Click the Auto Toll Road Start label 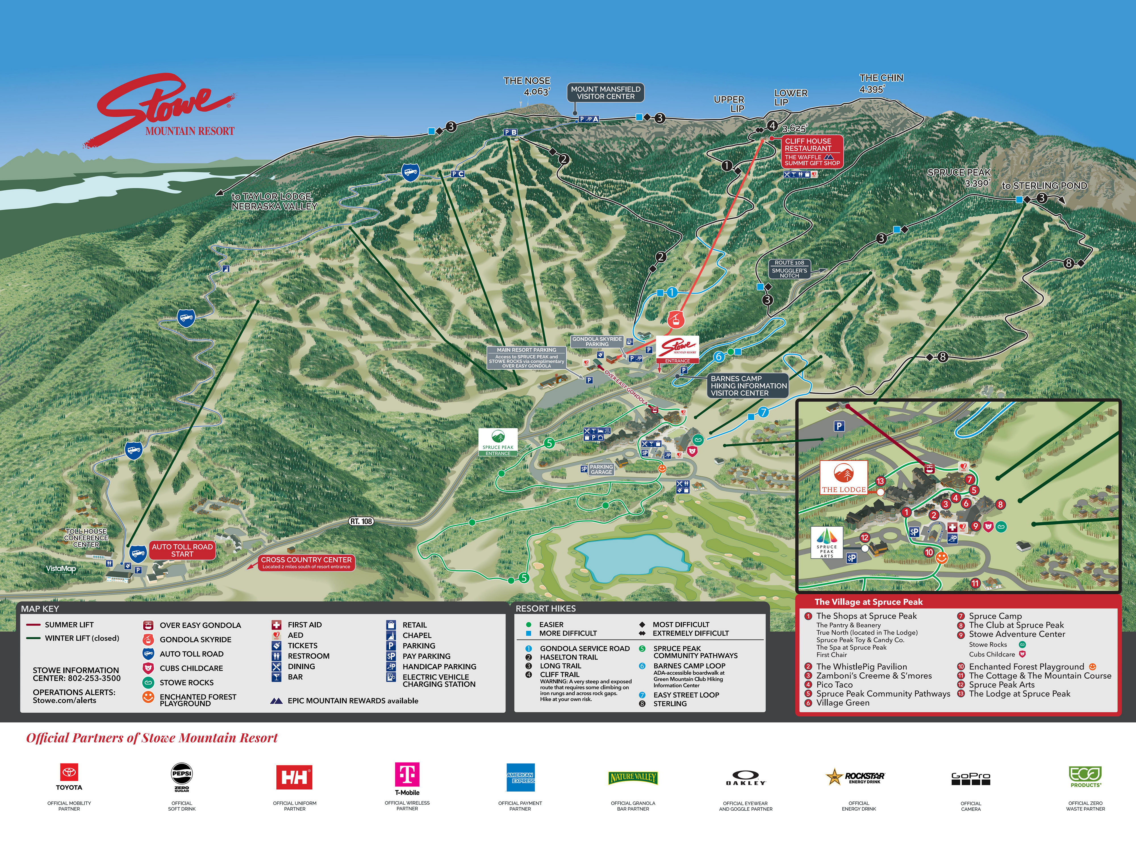pyautogui.click(x=182, y=550)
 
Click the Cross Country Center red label pyautogui.click(x=306, y=562)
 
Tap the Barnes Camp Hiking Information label pyautogui.click(x=748, y=386)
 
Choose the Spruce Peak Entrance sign pyautogui.click(x=498, y=442)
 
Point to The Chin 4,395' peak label pyautogui.click(x=881, y=83)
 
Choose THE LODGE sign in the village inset pyautogui.click(x=843, y=477)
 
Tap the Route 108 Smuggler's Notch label pyautogui.click(x=790, y=269)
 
